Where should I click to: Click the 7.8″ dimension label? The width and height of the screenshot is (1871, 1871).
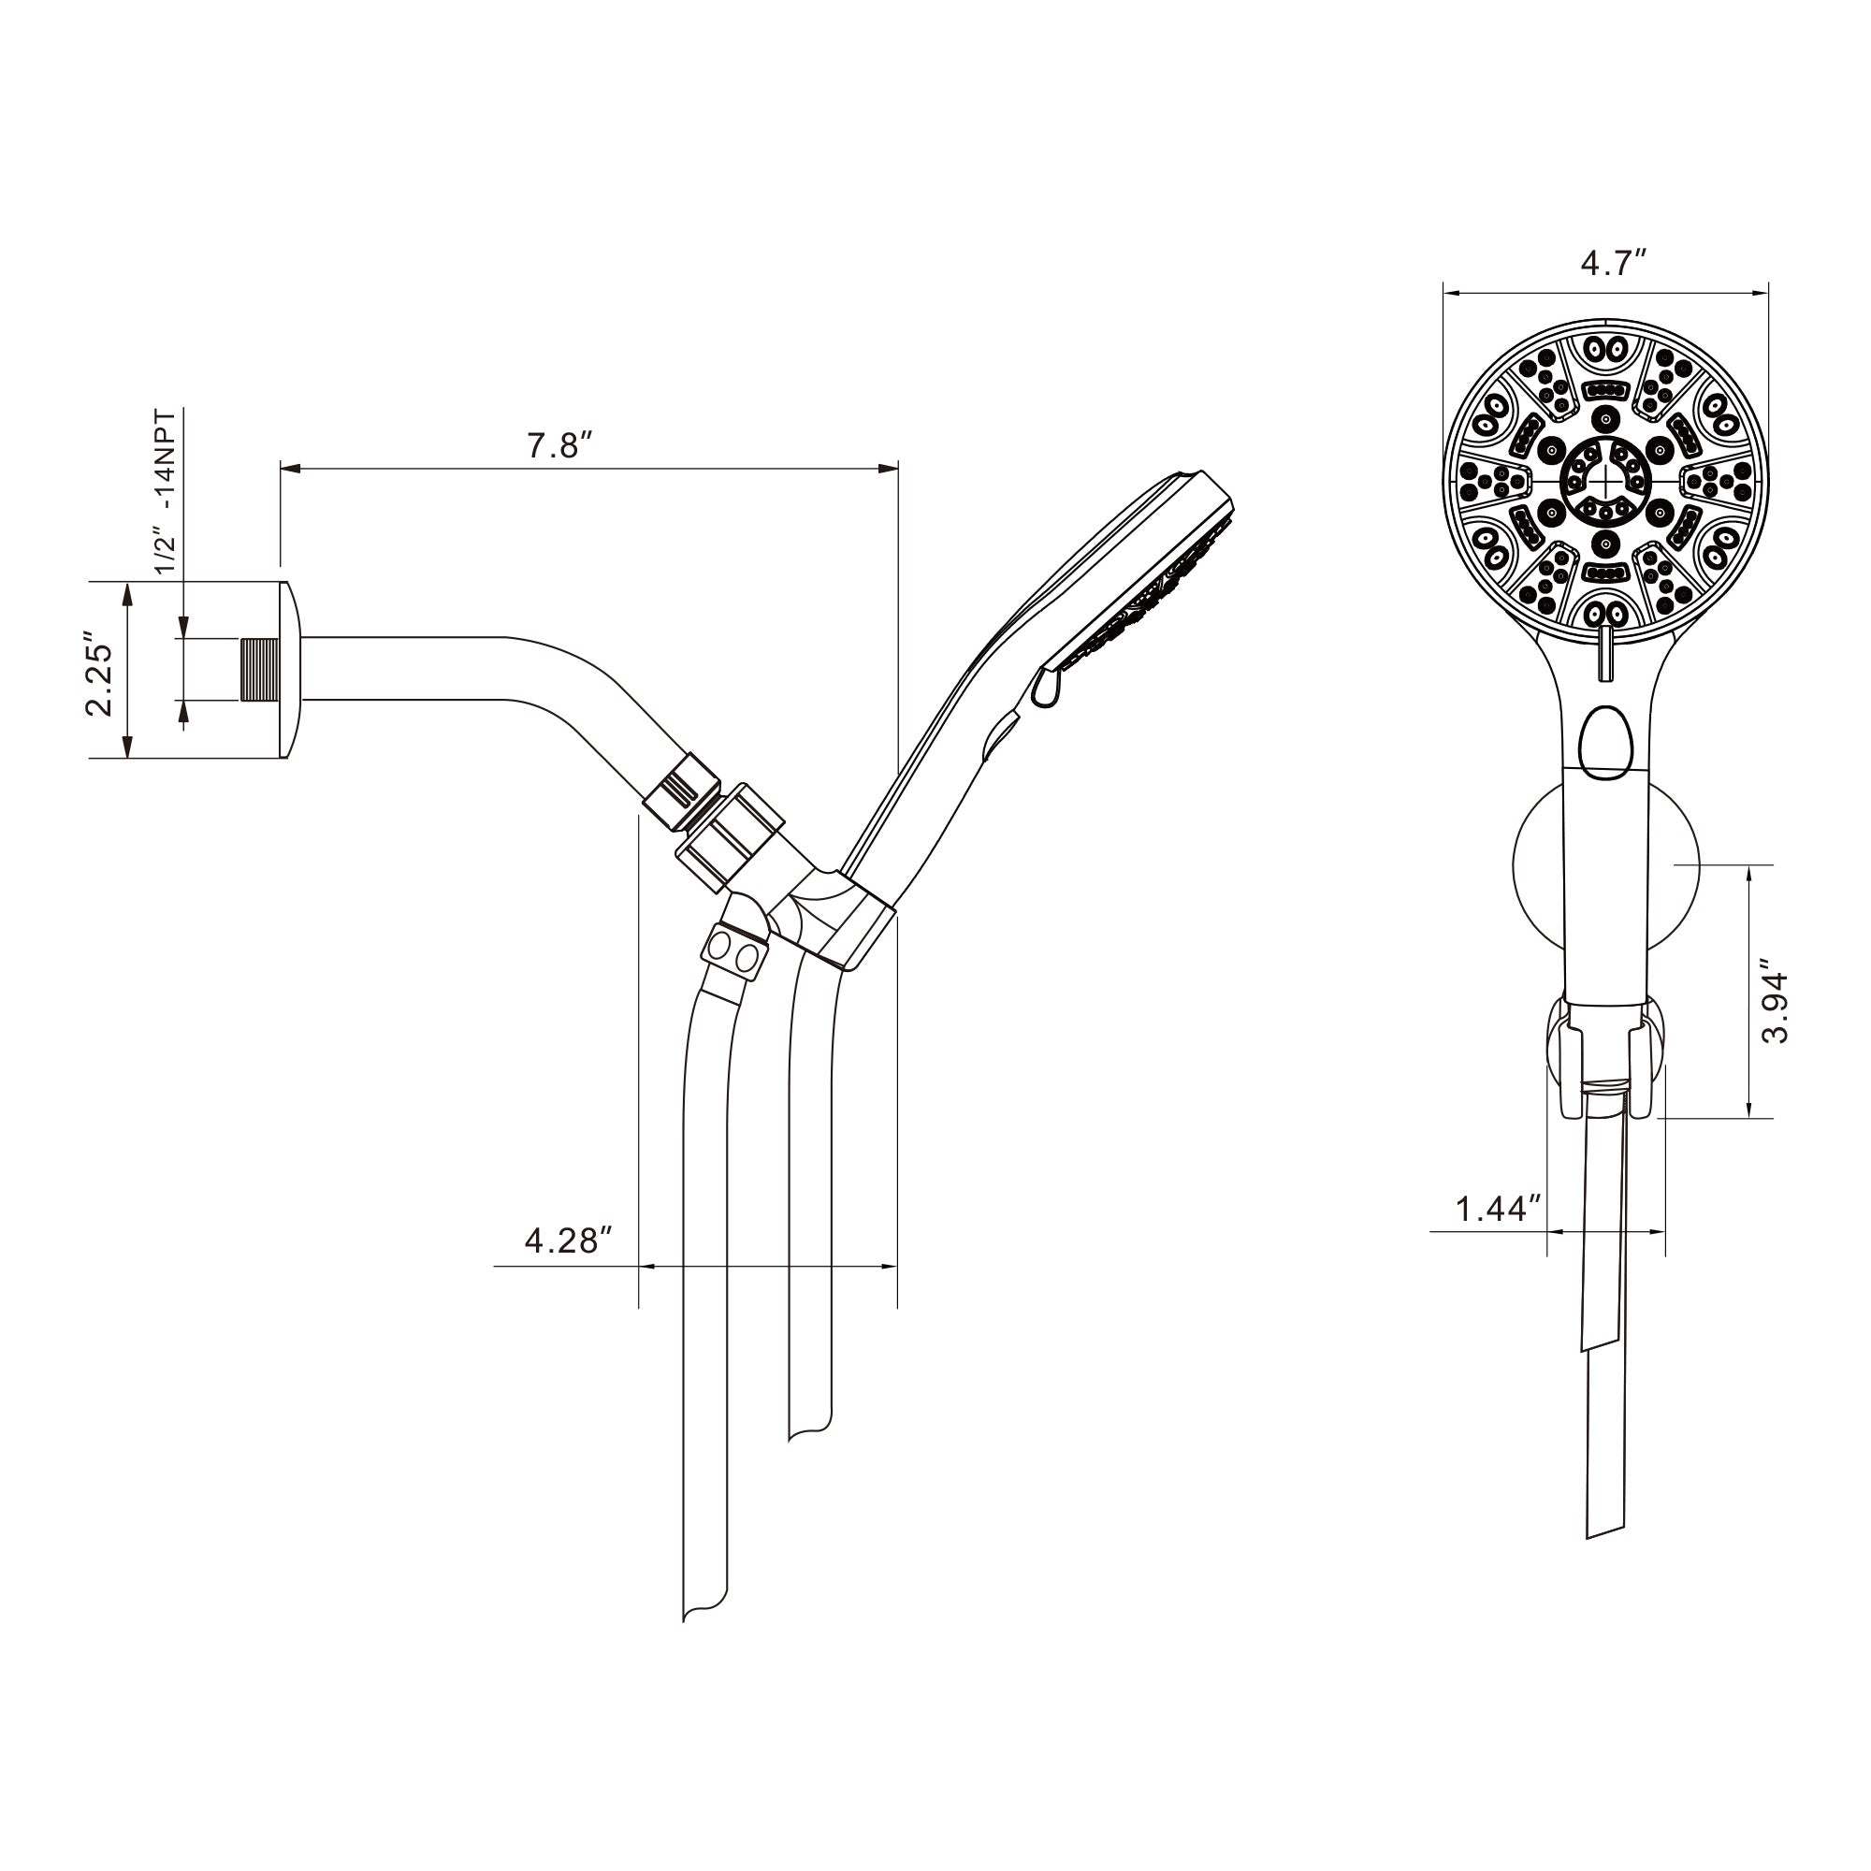(x=558, y=445)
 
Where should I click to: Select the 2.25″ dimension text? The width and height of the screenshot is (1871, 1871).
(x=100, y=676)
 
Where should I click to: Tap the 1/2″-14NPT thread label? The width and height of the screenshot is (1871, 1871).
(x=167, y=491)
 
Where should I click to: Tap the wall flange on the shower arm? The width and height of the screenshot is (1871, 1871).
(x=291, y=669)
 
